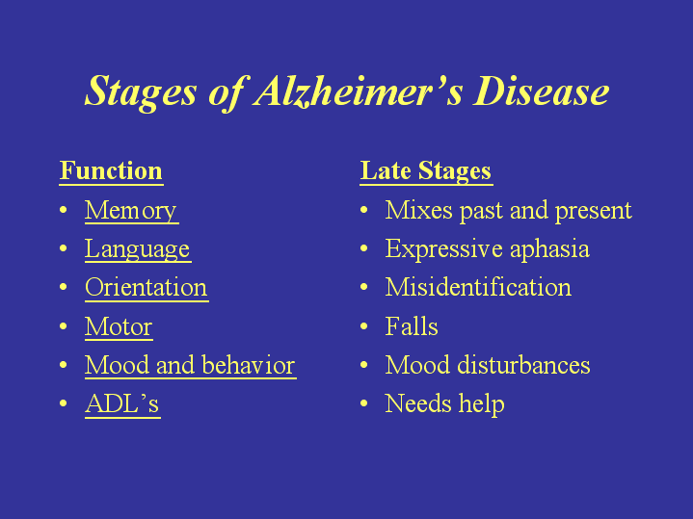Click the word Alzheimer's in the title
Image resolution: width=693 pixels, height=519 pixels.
[x=359, y=91]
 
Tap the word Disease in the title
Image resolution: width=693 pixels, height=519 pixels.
[x=542, y=91]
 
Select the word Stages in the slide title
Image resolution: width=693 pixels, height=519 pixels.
[x=141, y=92]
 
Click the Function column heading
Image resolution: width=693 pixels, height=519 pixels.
[x=111, y=170]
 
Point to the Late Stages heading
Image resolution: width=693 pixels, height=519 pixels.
[x=426, y=171]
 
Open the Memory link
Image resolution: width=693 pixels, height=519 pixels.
[x=131, y=211]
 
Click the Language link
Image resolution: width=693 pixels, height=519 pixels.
[x=138, y=249]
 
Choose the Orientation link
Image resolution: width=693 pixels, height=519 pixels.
[x=147, y=288]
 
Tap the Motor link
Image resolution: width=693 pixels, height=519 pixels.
[x=119, y=326]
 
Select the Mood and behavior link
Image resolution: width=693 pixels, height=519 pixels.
[x=191, y=365]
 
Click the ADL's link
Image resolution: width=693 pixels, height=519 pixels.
[x=122, y=403]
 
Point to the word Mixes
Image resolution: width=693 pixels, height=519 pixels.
[x=418, y=210]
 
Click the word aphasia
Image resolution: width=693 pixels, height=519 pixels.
[x=549, y=249]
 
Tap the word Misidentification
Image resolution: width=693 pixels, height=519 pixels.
[x=478, y=287]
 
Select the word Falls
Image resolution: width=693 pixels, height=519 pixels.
[x=412, y=326]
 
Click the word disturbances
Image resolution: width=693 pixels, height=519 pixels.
[x=523, y=365]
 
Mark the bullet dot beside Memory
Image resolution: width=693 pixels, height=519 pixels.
[x=64, y=210]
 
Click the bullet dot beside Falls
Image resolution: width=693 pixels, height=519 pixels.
[x=363, y=326]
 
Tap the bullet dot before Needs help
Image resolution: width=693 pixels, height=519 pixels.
[x=363, y=403]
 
